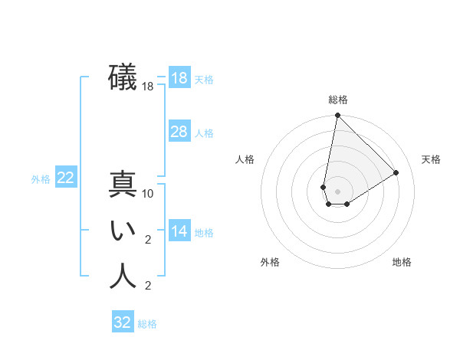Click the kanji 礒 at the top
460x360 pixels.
123,77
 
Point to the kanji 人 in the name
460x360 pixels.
123,276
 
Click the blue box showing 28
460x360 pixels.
179,132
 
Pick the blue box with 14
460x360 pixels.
179,231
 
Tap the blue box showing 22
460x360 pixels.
66,178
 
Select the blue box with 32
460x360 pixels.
123,322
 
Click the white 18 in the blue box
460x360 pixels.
179,78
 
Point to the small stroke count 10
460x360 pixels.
149,194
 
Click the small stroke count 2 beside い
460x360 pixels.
148,240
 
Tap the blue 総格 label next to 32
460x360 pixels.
147,324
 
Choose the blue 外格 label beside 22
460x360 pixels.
41,179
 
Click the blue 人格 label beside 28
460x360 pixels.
204,133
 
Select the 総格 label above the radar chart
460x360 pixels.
338,100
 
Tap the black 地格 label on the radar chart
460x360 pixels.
402,262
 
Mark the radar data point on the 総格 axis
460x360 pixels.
337,116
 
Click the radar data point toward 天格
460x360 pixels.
396,172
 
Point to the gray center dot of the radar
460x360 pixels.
337,191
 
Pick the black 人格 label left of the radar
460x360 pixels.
245,159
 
